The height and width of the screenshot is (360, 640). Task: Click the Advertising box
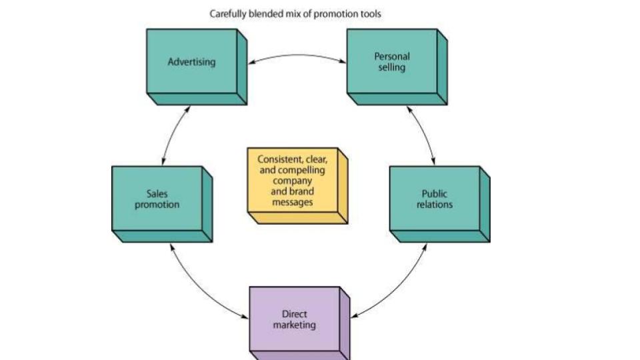pyautogui.click(x=192, y=62)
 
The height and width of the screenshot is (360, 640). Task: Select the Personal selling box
pyautogui.click(x=392, y=62)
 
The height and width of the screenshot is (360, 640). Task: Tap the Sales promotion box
pyautogui.click(x=157, y=199)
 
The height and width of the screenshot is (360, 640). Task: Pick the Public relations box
pyautogui.click(x=435, y=199)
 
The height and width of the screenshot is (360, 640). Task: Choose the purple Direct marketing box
pyautogui.click(x=295, y=319)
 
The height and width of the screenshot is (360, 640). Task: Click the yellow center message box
pyautogui.click(x=293, y=181)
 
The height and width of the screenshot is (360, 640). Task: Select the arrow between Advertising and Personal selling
pyautogui.click(x=297, y=55)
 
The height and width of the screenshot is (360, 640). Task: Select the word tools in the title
pyautogui.click(x=369, y=13)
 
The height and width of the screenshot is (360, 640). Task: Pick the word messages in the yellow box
pyautogui.click(x=293, y=202)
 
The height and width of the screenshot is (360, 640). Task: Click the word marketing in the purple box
pyautogui.click(x=295, y=325)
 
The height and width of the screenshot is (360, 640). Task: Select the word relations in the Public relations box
pyautogui.click(x=435, y=205)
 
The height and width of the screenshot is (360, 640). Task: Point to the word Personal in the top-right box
pyautogui.click(x=392, y=57)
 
